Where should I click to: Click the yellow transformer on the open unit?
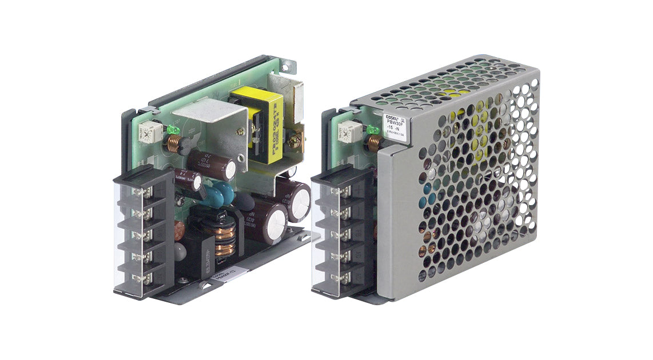[264, 123]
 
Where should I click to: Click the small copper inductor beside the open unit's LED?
[173, 145]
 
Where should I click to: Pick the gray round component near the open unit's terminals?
[182, 252]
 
